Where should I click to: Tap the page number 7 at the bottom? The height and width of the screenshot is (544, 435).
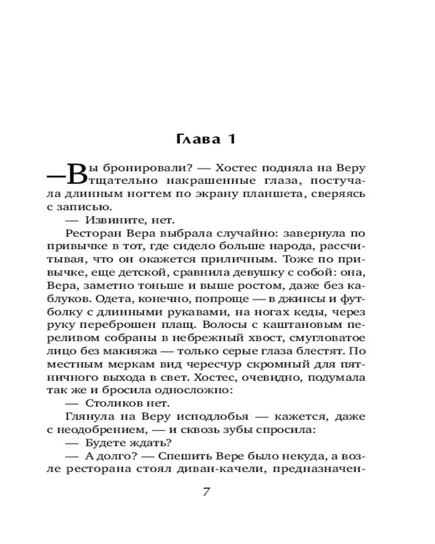[x=206, y=492]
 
